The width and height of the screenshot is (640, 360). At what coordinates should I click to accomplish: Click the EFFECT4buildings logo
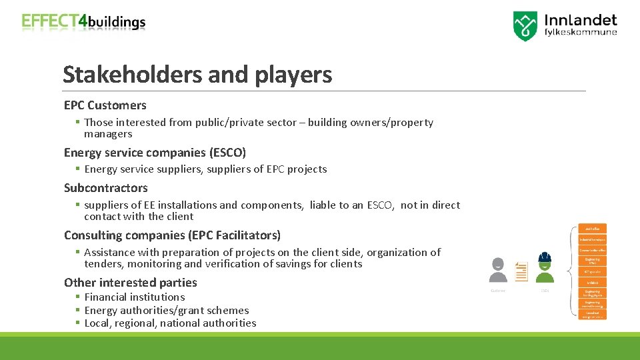click(x=83, y=22)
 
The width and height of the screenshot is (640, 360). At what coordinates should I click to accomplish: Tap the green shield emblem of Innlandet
click(x=525, y=26)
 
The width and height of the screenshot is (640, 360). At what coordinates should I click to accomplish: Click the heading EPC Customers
click(x=105, y=105)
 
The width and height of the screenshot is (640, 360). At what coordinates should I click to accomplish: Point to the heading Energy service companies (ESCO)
click(x=155, y=153)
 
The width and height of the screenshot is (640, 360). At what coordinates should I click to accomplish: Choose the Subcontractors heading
click(x=106, y=188)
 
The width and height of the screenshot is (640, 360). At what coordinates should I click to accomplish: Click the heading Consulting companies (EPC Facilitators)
click(x=172, y=235)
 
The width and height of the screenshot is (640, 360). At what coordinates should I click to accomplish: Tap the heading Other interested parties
click(x=131, y=283)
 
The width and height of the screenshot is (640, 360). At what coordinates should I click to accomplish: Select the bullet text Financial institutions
click(x=135, y=297)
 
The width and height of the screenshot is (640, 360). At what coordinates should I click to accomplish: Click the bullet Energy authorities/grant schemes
click(x=167, y=311)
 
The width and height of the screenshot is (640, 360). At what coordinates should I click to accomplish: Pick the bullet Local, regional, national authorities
click(x=170, y=323)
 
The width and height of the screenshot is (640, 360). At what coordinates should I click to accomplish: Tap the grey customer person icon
click(x=498, y=270)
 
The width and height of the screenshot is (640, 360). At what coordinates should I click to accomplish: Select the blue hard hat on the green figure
click(x=545, y=257)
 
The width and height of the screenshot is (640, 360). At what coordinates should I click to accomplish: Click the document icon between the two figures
click(x=521, y=271)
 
